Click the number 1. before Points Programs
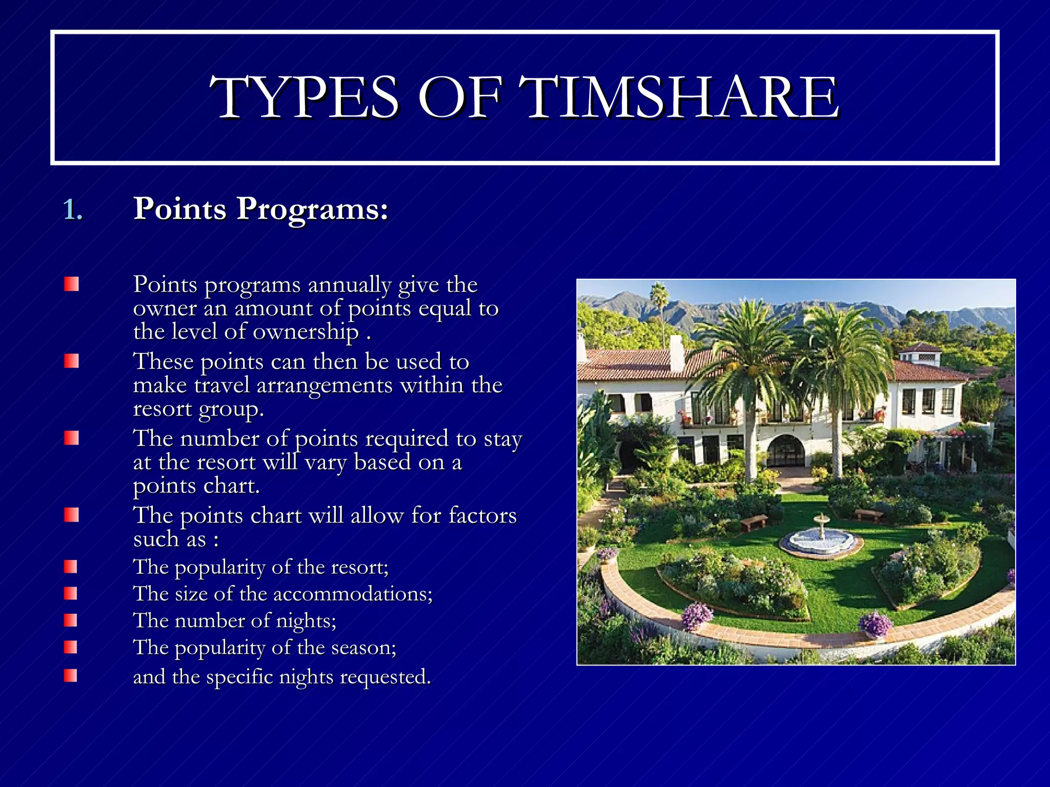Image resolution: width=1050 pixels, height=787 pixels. (73, 210)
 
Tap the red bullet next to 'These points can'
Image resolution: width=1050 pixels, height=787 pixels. (71, 361)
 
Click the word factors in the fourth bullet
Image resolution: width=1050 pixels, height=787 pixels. (482, 515)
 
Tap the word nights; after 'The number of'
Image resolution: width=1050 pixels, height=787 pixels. (306, 621)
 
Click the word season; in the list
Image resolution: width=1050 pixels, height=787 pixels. (364, 648)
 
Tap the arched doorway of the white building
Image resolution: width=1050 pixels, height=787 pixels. (785, 451)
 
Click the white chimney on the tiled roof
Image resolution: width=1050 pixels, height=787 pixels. (676, 353)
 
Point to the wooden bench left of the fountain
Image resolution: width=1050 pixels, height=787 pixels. (754, 522)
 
